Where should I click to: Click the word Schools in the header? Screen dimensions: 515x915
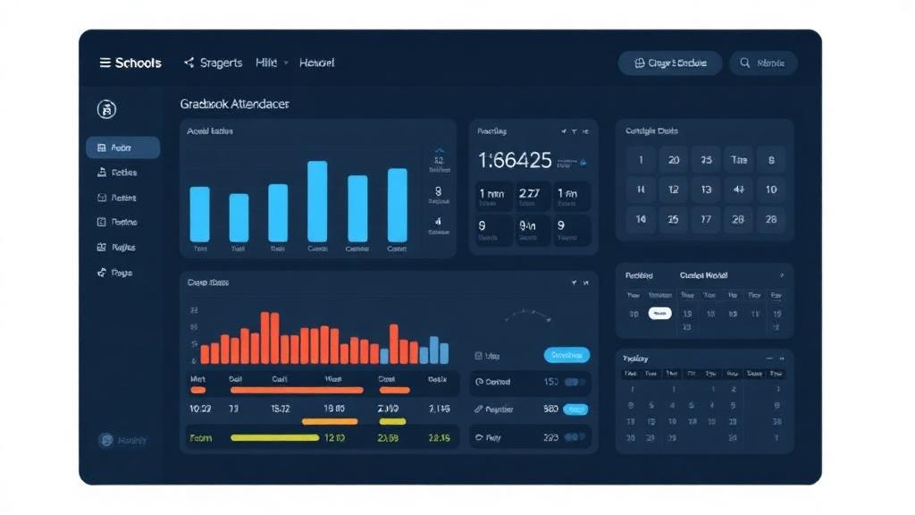(139, 63)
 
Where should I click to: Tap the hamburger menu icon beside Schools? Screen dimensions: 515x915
(105, 63)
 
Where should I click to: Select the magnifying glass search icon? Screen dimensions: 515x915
(743, 63)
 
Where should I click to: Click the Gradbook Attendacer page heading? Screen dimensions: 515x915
(234, 105)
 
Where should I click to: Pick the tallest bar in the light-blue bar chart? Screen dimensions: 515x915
(317, 201)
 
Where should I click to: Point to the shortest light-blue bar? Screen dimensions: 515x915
(239, 217)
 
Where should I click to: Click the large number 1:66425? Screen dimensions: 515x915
(515, 161)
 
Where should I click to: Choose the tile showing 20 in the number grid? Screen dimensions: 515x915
(674, 160)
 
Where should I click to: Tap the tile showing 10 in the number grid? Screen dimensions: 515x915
(770, 190)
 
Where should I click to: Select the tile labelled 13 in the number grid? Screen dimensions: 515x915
(706, 190)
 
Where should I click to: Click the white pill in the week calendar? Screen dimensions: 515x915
(659, 314)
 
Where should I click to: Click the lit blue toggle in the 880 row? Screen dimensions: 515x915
(575, 409)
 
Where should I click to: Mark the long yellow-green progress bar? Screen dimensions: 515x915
(274, 438)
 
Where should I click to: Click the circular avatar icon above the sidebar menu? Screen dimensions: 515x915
(106, 110)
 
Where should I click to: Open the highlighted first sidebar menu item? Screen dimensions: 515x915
(123, 148)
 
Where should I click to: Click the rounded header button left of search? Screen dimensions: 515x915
(670, 63)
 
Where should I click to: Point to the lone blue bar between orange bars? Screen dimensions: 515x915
(384, 355)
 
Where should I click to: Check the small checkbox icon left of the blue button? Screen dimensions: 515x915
(479, 356)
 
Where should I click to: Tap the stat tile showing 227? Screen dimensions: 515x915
(528, 193)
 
